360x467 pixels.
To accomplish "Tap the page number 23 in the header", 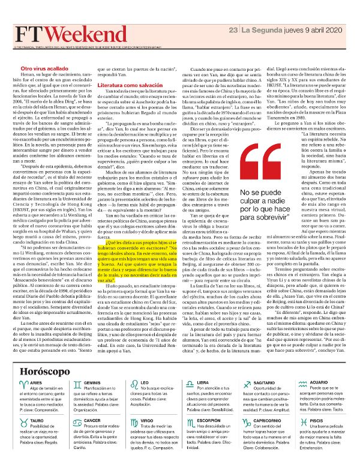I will click(241, 29).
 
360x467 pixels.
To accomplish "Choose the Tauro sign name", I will click(37, 421).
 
